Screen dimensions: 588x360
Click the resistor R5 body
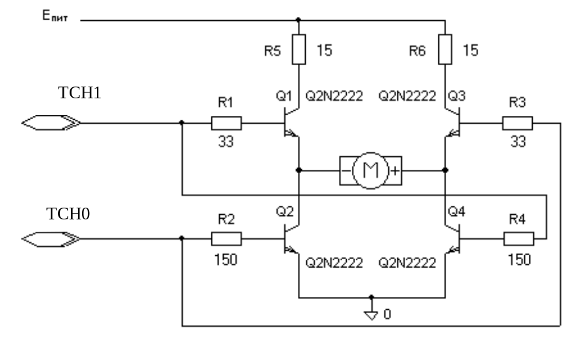[299, 49]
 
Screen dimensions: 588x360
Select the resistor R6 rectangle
[445, 49]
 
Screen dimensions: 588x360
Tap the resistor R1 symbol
[226, 123]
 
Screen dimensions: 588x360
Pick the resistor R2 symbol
[226, 239]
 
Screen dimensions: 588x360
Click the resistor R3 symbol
[518, 123]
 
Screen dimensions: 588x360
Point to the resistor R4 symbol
[518, 239]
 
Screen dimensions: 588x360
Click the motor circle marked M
[371, 171]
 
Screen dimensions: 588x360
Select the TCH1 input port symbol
[51, 123]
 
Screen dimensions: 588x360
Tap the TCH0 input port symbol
[51, 239]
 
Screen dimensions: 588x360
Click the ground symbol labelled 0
[371, 315]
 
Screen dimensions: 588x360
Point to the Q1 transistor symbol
[292, 122]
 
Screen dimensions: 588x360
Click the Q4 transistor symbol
[453, 239]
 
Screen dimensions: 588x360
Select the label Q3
[457, 96]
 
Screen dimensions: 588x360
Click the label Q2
[285, 212]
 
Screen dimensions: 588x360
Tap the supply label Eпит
[55, 16]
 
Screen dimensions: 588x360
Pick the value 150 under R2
[226, 260]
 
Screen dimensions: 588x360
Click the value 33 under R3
[518, 142]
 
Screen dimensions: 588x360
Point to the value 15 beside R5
[325, 50]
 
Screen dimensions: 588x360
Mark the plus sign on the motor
[395, 171]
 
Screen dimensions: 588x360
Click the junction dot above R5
[298, 20]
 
